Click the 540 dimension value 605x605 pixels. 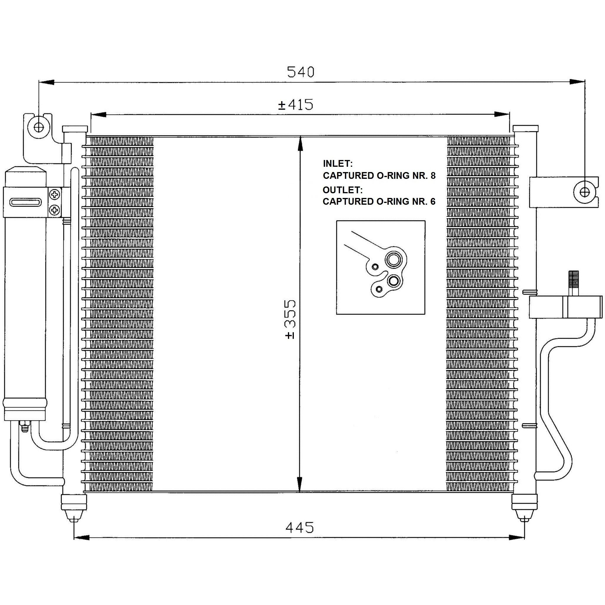(x=301, y=72)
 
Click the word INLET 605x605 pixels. (x=338, y=164)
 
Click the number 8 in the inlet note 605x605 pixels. (x=433, y=176)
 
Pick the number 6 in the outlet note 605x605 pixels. (x=433, y=201)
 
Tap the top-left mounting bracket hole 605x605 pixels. (x=39, y=127)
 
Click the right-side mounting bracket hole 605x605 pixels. (x=584, y=192)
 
